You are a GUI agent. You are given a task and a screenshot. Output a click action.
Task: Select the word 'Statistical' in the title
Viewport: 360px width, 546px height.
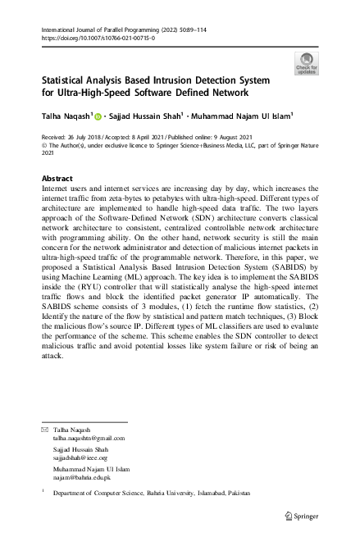[69, 81]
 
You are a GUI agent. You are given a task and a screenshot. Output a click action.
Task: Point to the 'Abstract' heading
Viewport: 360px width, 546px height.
[57, 178]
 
